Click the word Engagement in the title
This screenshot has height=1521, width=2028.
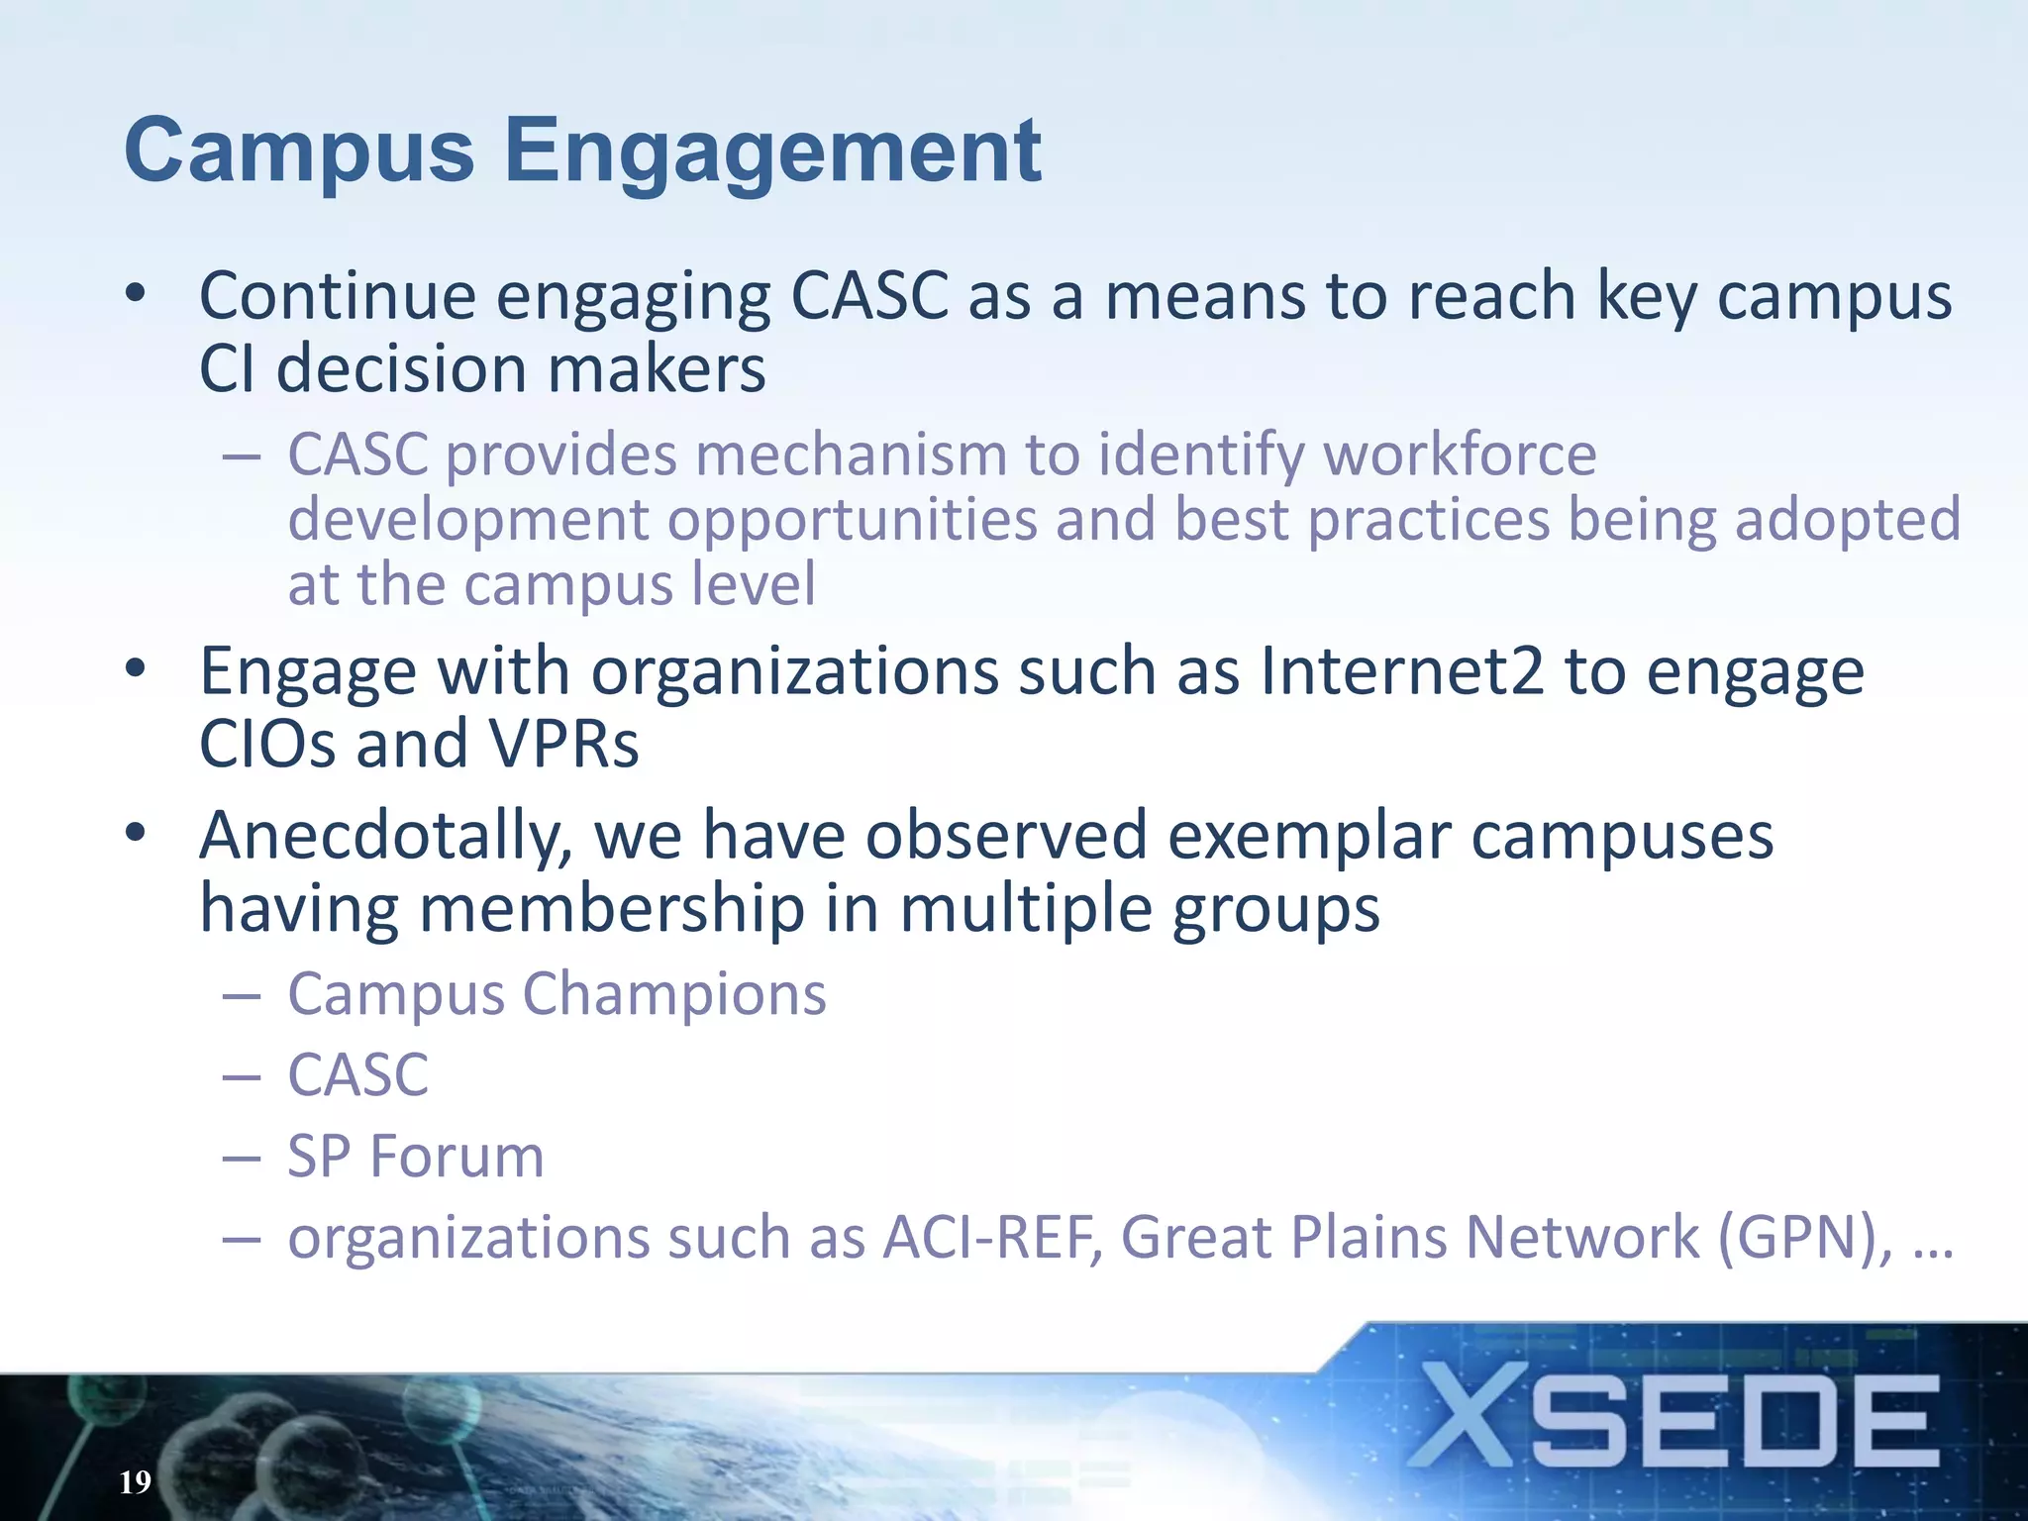(772, 152)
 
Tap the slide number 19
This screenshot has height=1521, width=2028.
(135, 1481)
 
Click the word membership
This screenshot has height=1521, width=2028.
(612, 909)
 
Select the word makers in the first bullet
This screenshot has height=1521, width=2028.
(657, 369)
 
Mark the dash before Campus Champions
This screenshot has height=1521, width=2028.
(242, 994)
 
